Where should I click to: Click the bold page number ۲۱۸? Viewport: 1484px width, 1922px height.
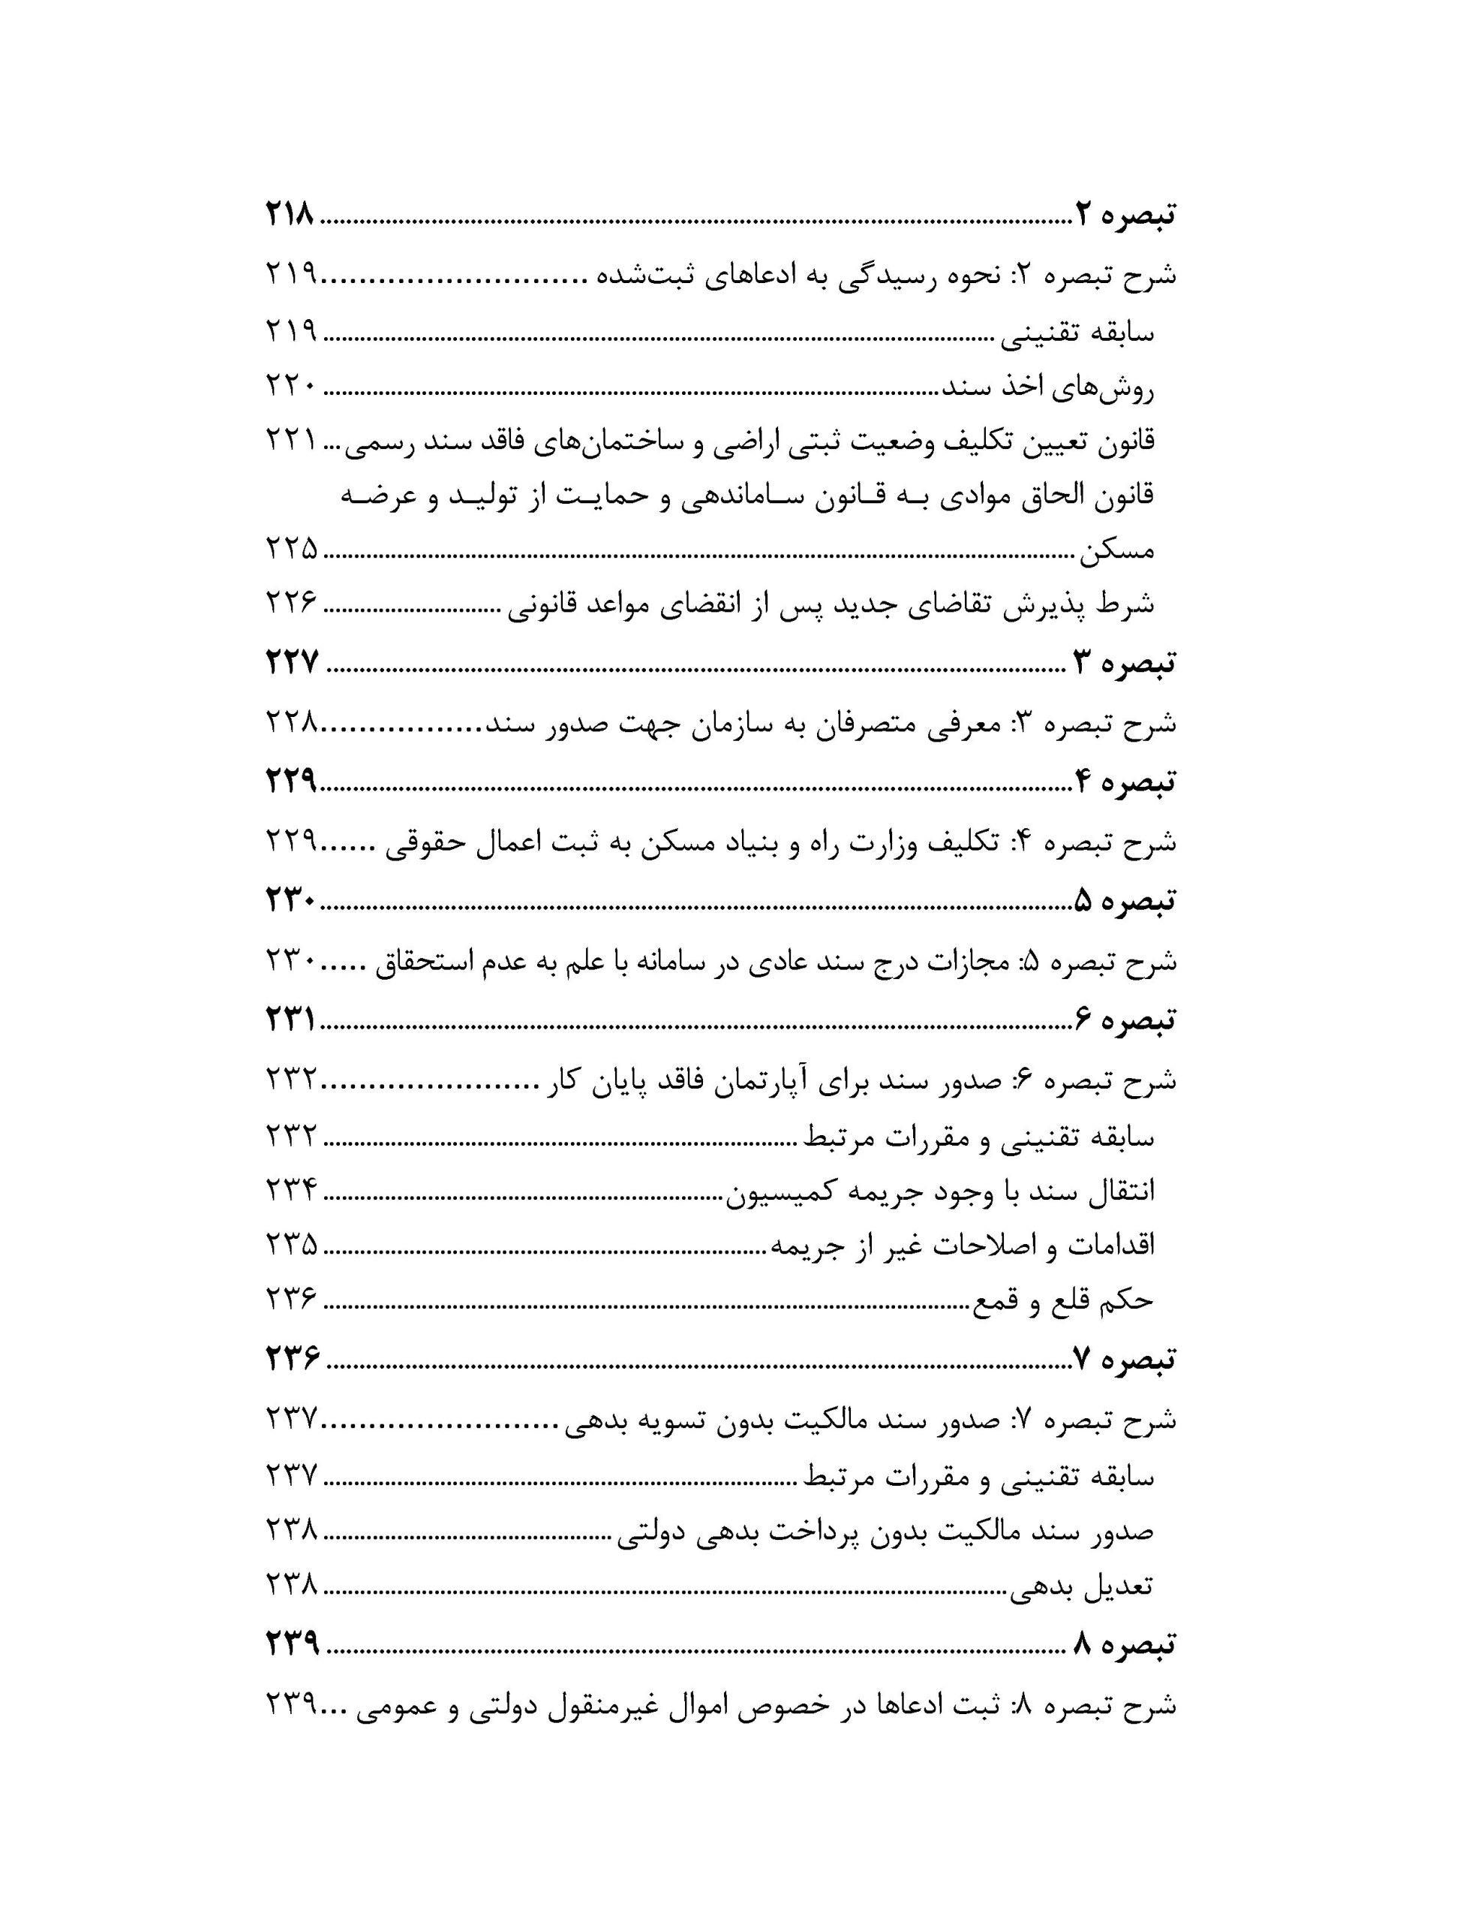coord(290,215)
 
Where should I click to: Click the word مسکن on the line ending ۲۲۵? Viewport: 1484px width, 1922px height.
coord(1116,552)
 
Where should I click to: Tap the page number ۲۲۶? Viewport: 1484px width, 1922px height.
coord(291,603)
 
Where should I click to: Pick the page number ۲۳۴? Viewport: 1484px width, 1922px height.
coord(291,1191)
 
